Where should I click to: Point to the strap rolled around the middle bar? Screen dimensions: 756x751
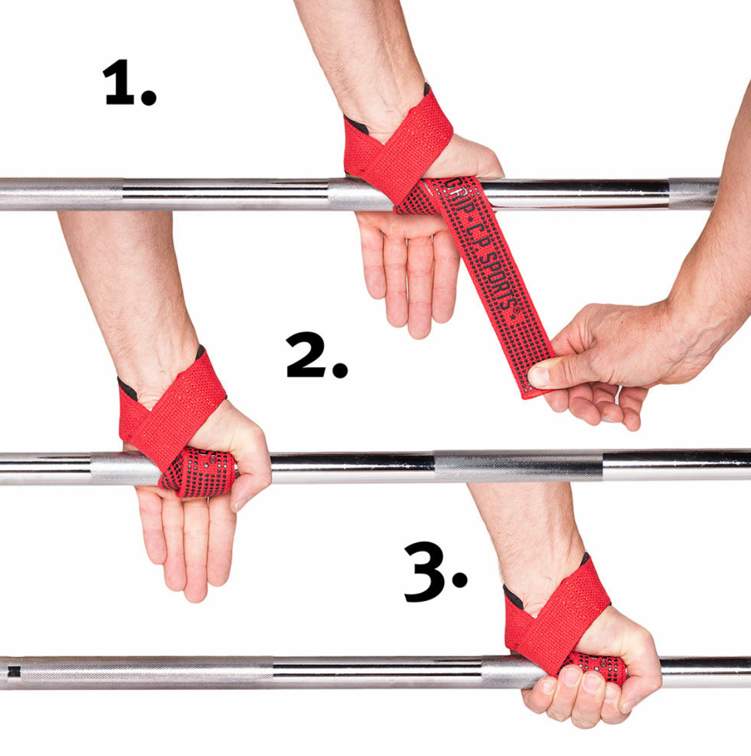tap(198, 470)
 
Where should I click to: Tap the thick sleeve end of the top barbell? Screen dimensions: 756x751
tap(693, 192)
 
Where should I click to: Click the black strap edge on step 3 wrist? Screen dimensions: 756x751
tap(513, 596)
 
